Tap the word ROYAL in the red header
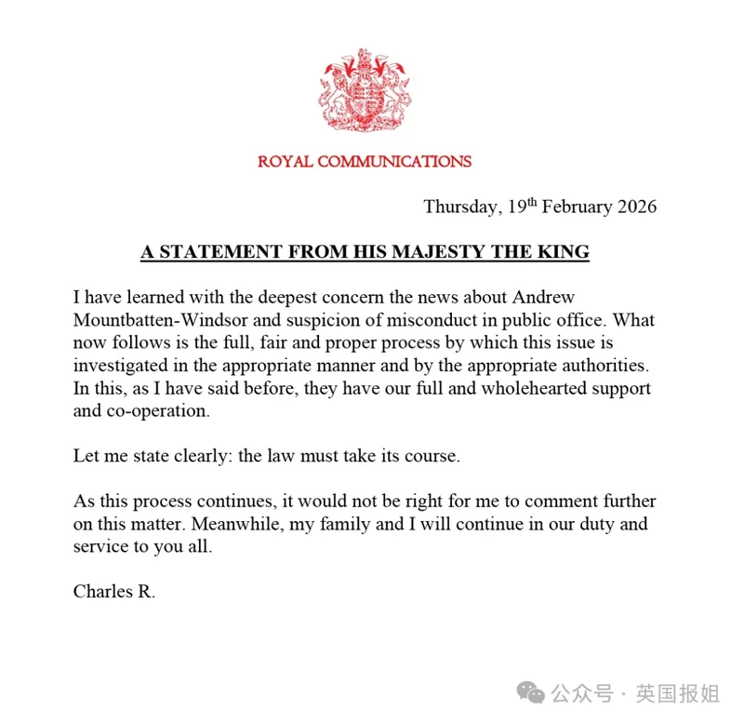coord(286,162)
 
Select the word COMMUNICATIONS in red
coord(394,162)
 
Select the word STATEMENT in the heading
coord(207,252)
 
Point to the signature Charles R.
coord(114,592)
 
